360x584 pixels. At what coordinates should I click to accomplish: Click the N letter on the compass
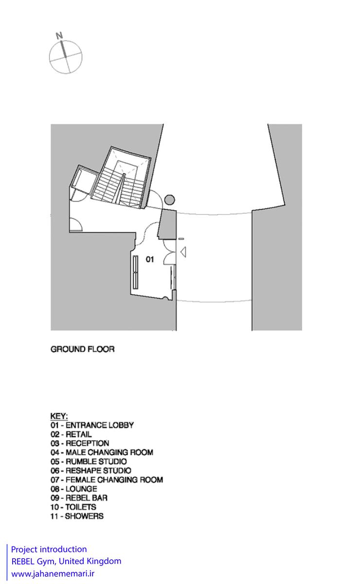[59, 36]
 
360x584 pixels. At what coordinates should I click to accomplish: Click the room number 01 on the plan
[150, 259]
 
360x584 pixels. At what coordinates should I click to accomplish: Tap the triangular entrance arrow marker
[183, 252]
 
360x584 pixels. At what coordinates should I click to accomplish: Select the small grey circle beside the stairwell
[170, 200]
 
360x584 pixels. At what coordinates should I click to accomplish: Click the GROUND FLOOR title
[83, 349]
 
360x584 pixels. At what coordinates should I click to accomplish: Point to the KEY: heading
[59, 416]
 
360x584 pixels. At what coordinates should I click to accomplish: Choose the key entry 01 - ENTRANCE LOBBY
[92, 425]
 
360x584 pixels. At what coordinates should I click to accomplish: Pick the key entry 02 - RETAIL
[71, 434]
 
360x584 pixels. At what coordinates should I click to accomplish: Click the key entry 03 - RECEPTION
[80, 443]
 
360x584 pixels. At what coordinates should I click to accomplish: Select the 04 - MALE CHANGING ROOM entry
[102, 452]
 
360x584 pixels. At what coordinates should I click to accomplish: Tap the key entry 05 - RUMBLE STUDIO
[89, 461]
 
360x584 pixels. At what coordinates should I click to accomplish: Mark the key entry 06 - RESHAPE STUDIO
[90, 471]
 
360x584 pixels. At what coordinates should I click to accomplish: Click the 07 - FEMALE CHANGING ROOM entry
[107, 480]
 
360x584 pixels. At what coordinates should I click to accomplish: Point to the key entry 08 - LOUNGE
[74, 489]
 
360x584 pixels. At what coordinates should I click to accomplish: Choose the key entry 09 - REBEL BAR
[79, 498]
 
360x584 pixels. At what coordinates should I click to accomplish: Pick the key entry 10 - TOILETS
[73, 507]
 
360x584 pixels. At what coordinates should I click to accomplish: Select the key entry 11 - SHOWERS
[77, 516]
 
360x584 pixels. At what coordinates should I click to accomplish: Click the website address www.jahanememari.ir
[53, 574]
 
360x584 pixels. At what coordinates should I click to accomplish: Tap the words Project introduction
[49, 549]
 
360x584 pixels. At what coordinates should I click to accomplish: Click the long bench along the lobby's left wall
[136, 272]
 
